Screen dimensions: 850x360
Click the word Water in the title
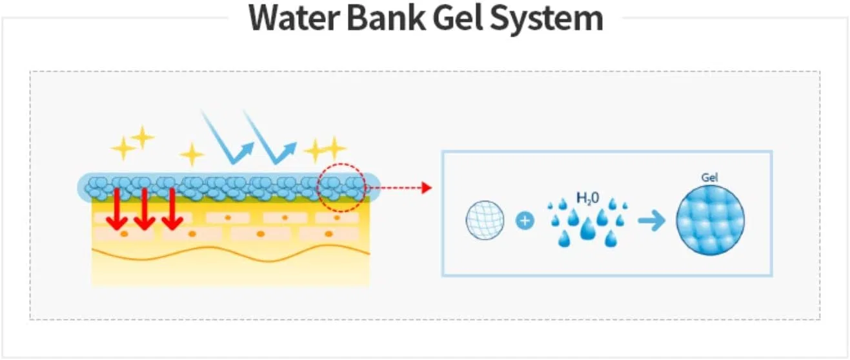click(x=292, y=18)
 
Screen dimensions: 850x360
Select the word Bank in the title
click(x=386, y=17)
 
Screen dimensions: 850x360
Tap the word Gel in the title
click(x=458, y=17)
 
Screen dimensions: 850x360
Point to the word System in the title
click(x=547, y=20)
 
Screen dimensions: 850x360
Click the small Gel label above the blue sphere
click(x=709, y=177)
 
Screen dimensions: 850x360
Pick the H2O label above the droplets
click(x=587, y=198)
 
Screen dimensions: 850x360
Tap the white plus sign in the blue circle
click(x=525, y=221)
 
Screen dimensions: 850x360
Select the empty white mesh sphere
click(x=485, y=220)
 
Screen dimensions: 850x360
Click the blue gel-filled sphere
click(x=710, y=220)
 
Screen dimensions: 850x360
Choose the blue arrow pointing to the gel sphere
click(x=652, y=221)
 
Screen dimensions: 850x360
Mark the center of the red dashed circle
click(x=341, y=187)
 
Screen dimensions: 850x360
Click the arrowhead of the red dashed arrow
click(x=427, y=187)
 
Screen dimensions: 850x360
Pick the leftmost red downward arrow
click(x=117, y=209)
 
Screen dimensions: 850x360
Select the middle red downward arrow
click(x=145, y=209)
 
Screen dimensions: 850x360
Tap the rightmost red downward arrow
click(x=172, y=209)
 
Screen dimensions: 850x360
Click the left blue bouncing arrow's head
click(x=247, y=149)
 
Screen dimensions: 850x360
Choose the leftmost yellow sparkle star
click(x=123, y=148)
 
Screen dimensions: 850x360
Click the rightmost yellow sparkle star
click(x=334, y=148)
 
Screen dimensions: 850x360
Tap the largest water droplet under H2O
click(x=588, y=229)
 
